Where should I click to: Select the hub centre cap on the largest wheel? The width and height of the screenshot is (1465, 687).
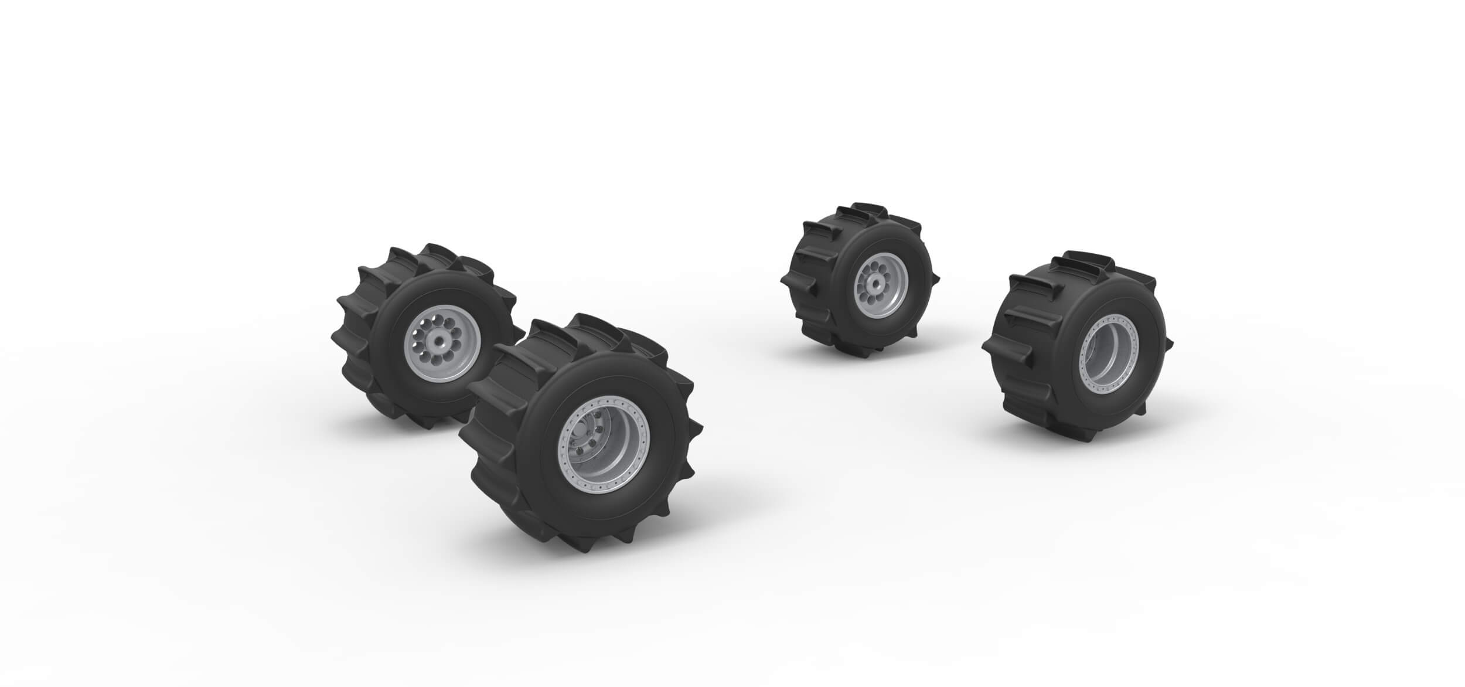[x=578, y=441]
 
